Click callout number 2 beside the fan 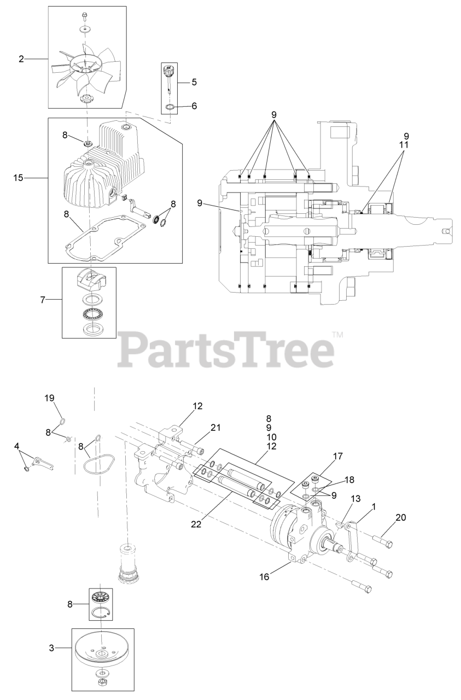[x=21, y=59]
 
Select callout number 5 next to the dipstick [x=194, y=82]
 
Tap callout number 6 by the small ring [x=194, y=106]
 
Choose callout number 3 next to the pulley [x=52, y=648]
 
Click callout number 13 [x=355, y=498]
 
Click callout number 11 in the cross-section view [x=406, y=145]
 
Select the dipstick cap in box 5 [x=169, y=70]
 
